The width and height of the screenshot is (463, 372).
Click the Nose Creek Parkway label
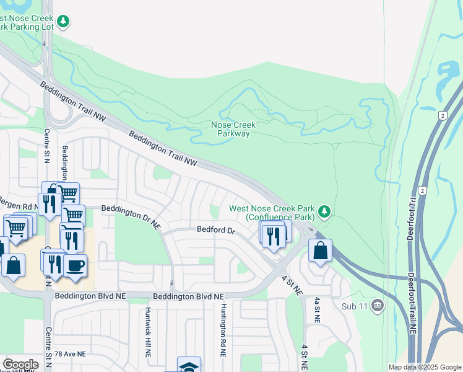[233, 129]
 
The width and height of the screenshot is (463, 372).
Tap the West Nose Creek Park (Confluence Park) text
[272, 213]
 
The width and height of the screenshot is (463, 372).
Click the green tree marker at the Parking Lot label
[63, 22]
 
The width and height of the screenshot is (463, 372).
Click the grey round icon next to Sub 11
[377, 306]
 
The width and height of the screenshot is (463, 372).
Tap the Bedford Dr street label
[216, 230]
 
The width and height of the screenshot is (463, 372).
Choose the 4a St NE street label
[316, 310]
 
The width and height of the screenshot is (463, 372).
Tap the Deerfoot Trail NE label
[412, 304]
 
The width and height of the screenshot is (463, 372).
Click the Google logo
[20, 365]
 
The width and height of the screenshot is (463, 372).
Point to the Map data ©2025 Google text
[424, 367]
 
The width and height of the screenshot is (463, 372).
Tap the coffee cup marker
[76, 265]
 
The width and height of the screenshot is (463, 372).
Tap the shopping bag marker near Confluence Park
[320, 250]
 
